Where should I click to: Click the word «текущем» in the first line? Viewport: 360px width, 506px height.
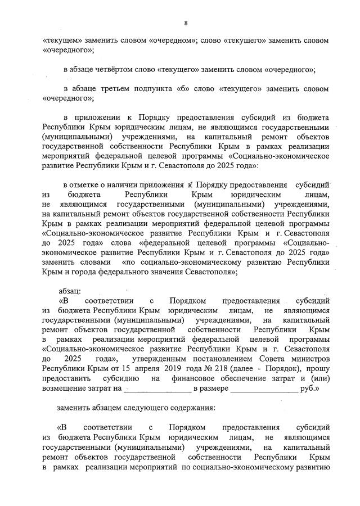[63, 41]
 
